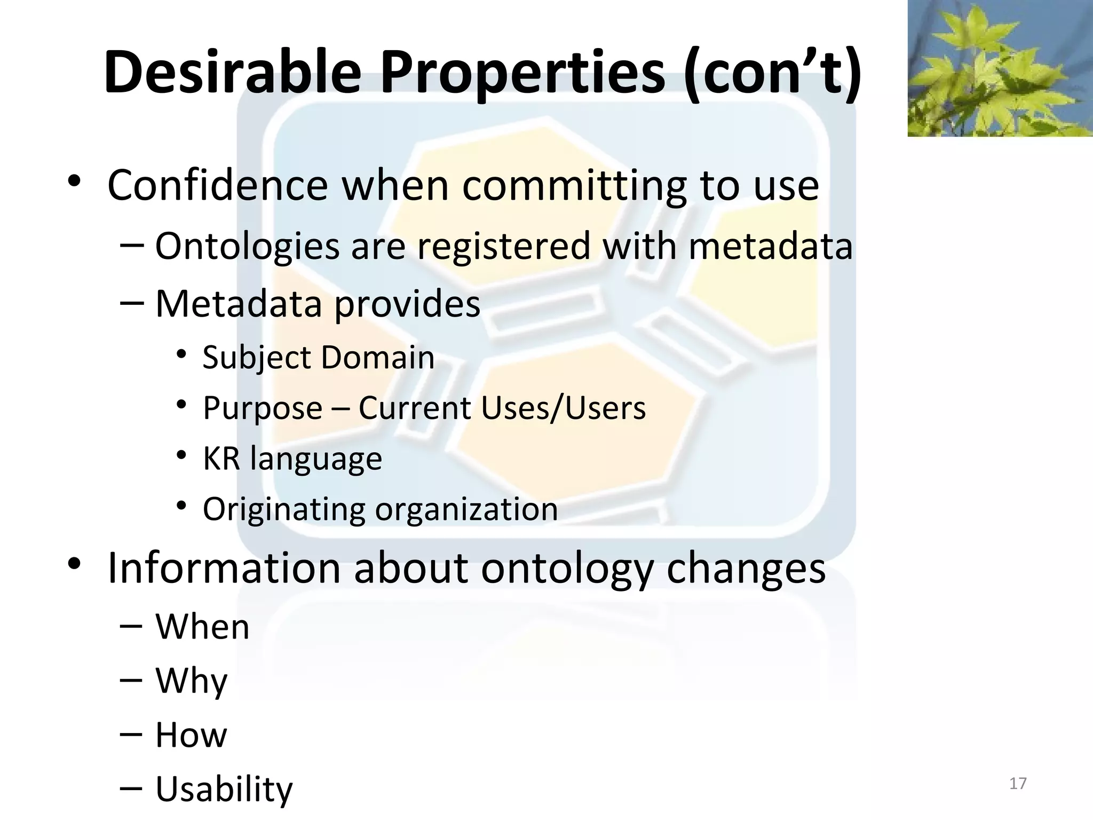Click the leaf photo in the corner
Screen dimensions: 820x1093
tap(1000, 68)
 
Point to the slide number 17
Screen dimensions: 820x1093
tap(1018, 783)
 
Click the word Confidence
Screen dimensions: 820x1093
tap(217, 185)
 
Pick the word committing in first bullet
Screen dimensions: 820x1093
tap(574, 186)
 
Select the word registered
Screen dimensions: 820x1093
tap(503, 246)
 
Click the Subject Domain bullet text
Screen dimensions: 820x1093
tap(318, 357)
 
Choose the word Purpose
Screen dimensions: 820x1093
tap(263, 408)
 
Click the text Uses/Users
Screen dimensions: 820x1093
tap(563, 408)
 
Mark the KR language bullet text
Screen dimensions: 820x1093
tap(292, 459)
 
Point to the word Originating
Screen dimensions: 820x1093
tap(283, 510)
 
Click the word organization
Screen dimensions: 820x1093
tap(466, 510)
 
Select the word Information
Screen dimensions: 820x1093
tap(224, 567)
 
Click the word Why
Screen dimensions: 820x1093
tap(191, 681)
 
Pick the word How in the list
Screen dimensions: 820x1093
tap(191, 735)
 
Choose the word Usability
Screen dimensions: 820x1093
tap(224, 790)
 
